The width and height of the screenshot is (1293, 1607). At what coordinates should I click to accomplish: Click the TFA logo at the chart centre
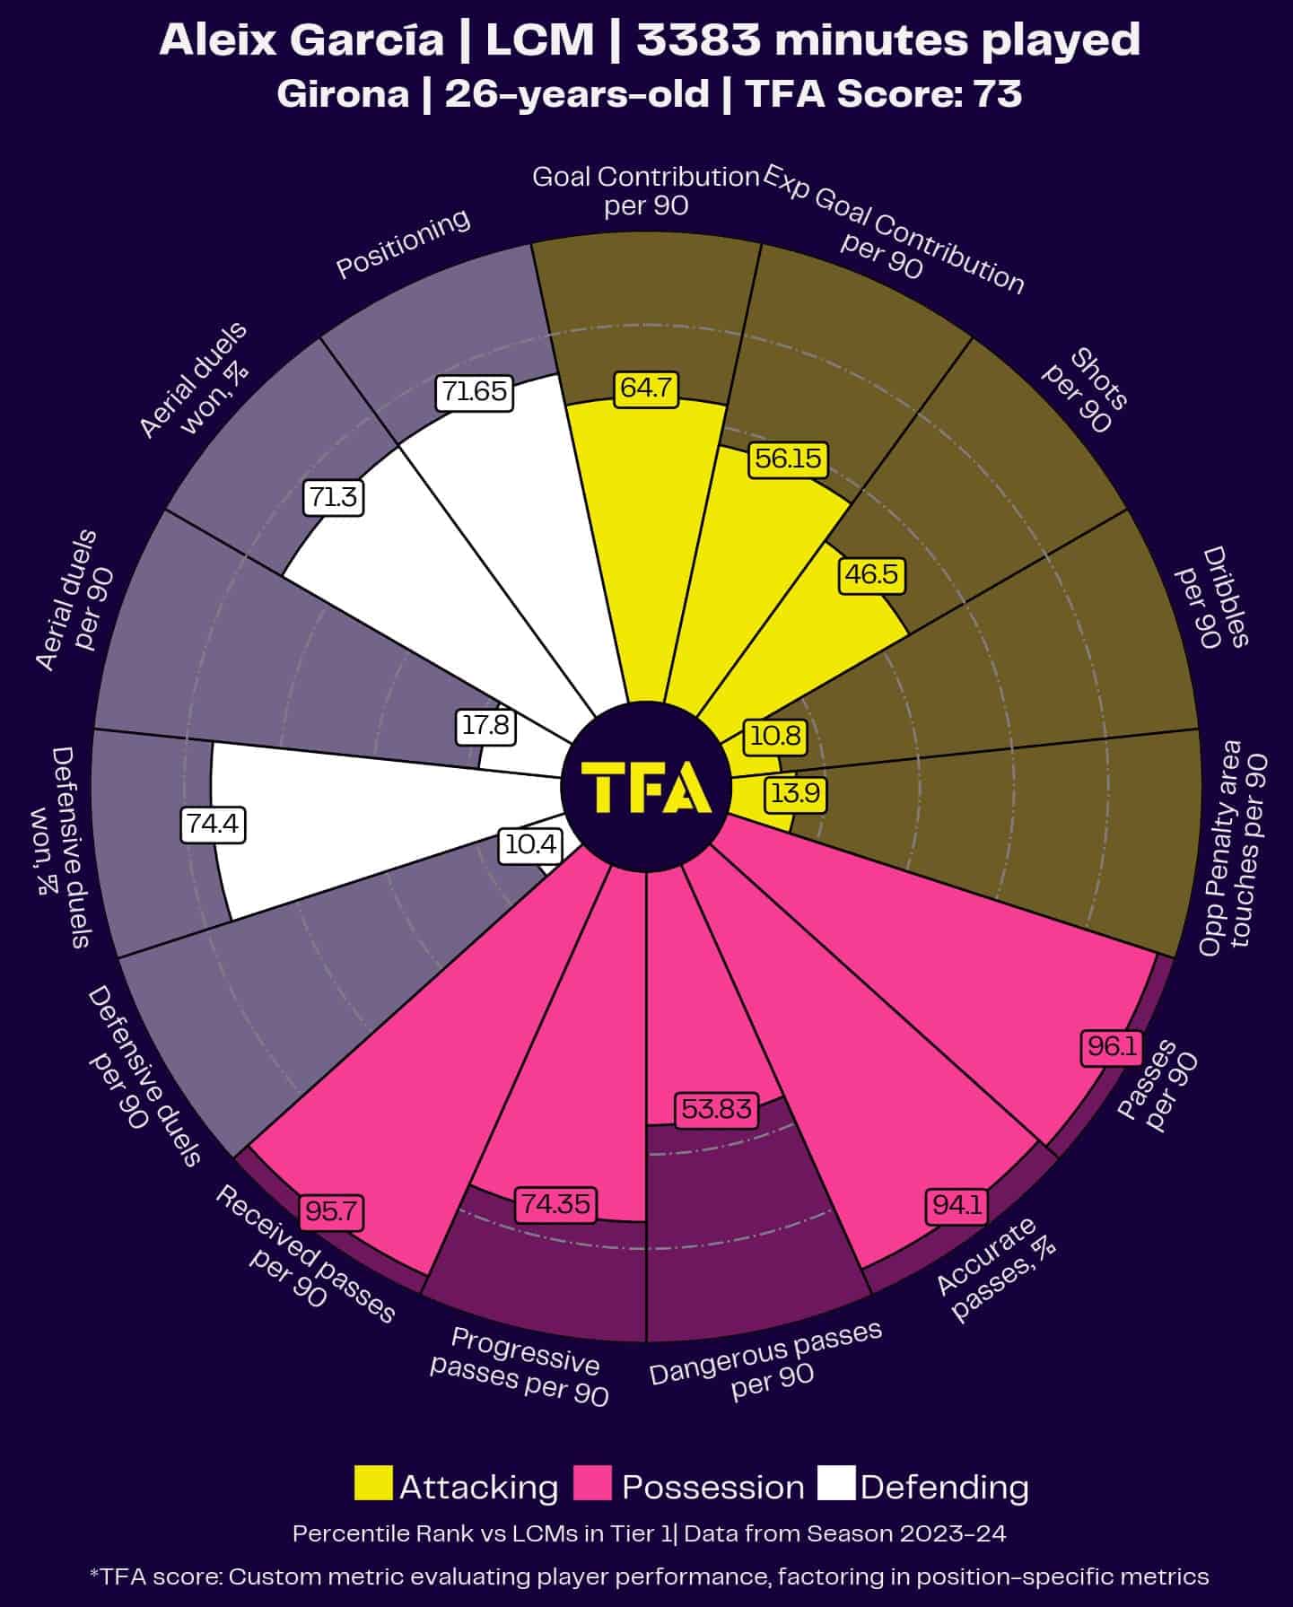[646, 787]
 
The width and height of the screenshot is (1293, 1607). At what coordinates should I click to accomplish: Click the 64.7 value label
[646, 389]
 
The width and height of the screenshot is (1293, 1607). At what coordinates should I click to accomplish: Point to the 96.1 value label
[1112, 1046]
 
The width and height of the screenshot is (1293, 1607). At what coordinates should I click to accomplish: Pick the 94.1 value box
[957, 1205]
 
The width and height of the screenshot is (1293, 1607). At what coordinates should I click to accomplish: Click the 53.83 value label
[716, 1109]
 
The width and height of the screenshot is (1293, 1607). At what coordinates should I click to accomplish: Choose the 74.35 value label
[556, 1203]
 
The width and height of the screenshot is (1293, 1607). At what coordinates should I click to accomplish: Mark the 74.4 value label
[213, 824]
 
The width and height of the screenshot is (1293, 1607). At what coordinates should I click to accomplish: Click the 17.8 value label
[485, 725]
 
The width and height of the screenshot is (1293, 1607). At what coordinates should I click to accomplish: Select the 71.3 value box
[334, 497]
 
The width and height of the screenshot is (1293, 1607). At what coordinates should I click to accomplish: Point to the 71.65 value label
[475, 392]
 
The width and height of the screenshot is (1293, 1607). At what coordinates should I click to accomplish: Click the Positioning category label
[403, 243]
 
